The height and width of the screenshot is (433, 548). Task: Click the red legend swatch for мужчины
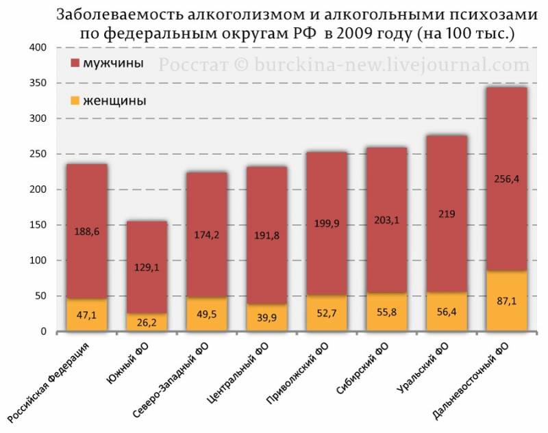click(x=75, y=64)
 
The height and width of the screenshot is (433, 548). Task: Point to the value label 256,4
click(x=506, y=179)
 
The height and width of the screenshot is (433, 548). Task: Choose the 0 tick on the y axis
click(x=43, y=332)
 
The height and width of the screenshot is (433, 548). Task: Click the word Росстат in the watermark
click(x=189, y=65)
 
